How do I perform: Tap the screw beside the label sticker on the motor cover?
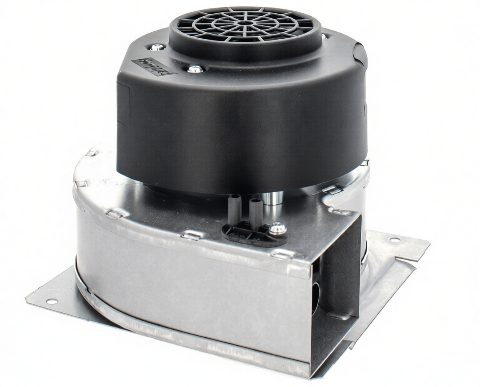157,48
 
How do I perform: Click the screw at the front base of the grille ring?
194,69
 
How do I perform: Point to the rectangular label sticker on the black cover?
154,66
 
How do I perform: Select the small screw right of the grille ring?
324,37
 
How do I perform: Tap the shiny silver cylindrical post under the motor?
272,196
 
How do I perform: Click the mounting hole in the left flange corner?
51,301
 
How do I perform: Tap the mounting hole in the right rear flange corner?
393,240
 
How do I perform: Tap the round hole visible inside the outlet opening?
315,294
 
